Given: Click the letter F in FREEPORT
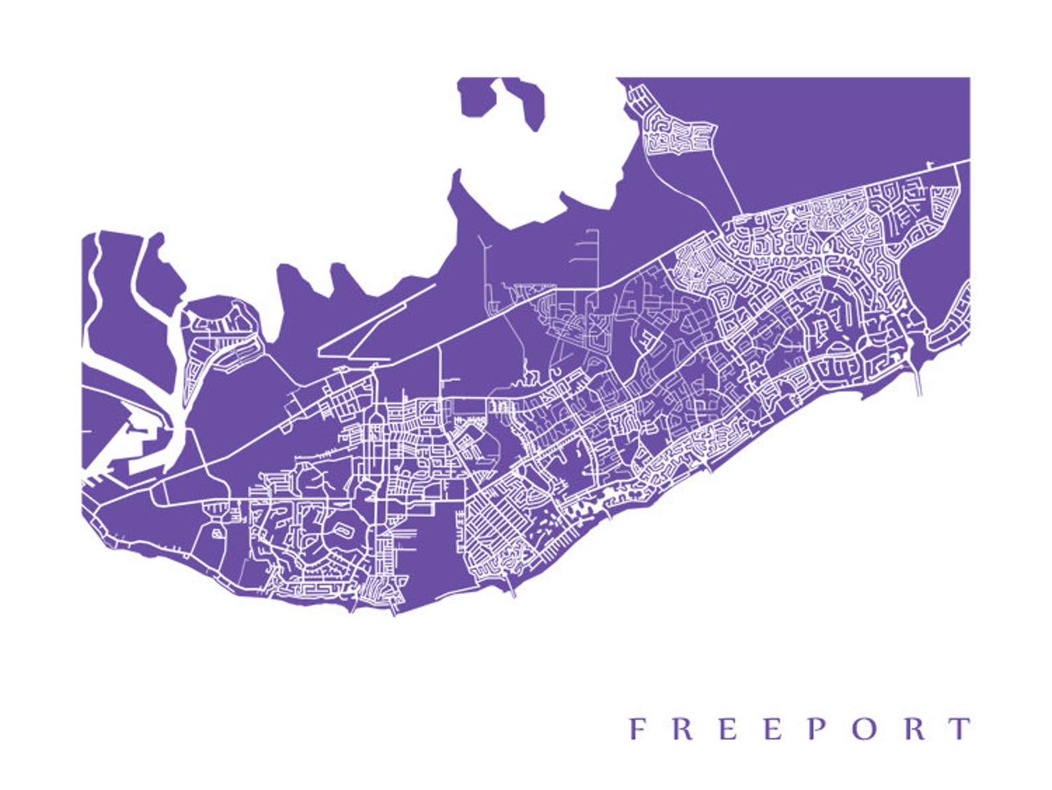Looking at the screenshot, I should tap(637, 728).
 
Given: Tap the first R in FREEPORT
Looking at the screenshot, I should tap(682, 728).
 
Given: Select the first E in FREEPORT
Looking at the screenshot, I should tap(727, 728).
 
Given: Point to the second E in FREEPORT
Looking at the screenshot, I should tap(772, 728).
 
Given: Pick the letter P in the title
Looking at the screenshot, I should tap(817, 728).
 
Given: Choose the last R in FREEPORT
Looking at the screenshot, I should tap(916, 728).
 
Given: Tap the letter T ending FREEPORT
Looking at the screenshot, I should tap(960, 728).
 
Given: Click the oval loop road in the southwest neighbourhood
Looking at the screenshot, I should tap(344, 528).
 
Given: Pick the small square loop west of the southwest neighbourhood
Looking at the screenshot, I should tap(217, 532).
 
